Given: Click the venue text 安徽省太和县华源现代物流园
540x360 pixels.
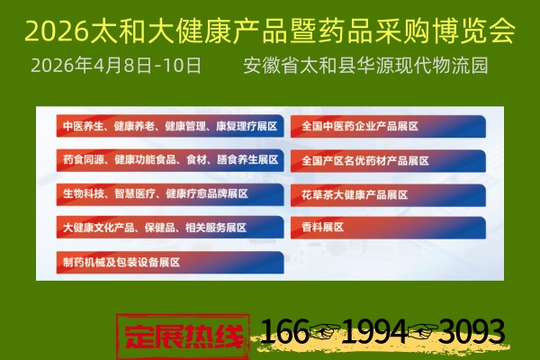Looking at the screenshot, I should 365,67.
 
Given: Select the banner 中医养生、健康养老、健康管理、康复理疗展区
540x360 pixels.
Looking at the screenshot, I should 170,126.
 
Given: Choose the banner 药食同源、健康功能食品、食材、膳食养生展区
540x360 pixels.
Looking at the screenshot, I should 170,159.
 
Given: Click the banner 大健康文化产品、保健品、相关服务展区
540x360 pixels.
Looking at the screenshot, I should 154,227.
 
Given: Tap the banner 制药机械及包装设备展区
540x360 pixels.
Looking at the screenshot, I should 121,262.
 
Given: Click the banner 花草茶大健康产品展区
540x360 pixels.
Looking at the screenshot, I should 355,193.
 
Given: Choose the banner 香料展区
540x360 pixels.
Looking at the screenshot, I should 324,227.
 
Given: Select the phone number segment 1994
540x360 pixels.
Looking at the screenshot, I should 375,333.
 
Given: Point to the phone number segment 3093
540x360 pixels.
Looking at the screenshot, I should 472,333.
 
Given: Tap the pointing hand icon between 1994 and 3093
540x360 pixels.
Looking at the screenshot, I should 422,336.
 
